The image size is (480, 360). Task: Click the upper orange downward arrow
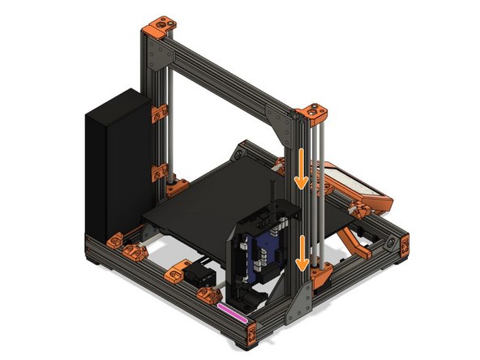[x=301, y=169]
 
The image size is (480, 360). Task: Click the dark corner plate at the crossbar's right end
[x=289, y=127]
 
